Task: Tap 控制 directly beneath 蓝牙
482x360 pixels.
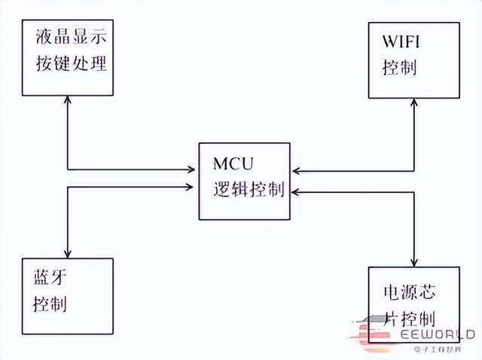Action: pyautogui.click(x=50, y=304)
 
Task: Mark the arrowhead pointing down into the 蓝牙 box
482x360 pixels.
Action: pyautogui.click(x=69, y=252)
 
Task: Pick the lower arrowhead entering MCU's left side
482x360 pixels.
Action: pyautogui.click(x=193, y=188)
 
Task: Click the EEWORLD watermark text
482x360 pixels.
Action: pyautogui.click(x=438, y=334)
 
